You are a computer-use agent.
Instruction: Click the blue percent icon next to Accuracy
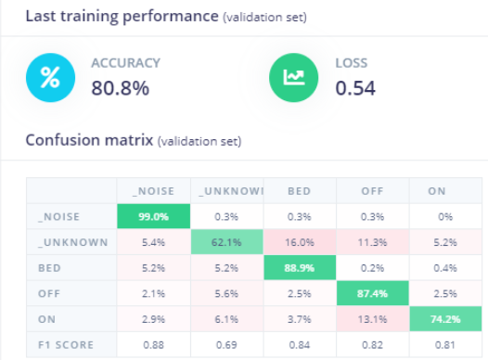pyautogui.click(x=48, y=78)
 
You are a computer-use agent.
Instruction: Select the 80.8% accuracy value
pyautogui.click(x=120, y=88)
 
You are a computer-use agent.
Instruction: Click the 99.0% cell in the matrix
pyautogui.click(x=154, y=216)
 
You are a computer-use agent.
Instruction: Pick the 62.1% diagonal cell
pyautogui.click(x=227, y=243)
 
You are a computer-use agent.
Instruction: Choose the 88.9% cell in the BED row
pyautogui.click(x=300, y=269)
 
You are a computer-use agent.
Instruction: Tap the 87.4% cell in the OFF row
pyautogui.click(x=373, y=295)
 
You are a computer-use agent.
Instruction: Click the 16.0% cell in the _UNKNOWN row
pyautogui.click(x=300, y=243)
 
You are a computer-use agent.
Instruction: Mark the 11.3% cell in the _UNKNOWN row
pyautogui.click(x=373, y=243)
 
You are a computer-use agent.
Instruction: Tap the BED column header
pyautogui.click(x=300, y=191)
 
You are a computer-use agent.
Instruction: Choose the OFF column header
pyautogui.click(x=373, y=191)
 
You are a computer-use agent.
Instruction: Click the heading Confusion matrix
pyautogui.click(x=89, y=141)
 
